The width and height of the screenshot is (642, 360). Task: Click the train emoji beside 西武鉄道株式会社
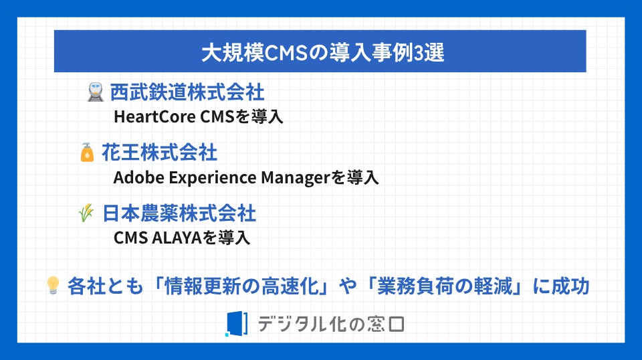pyautogui.click(x=96, y=92)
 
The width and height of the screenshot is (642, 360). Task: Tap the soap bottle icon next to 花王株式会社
pyautogui.click(x=87, y=153)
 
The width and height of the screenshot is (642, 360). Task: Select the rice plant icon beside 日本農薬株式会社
pyautogui.click(x=86, y=213)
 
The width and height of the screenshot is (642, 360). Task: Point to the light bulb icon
pyautogui.click(x=53, y=286)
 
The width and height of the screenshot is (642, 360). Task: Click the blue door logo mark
pyautogui.click(x=237, y=324)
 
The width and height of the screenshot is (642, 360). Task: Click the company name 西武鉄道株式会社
pyautogui.click(x=187, y=92)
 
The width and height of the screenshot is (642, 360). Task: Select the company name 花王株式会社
pyautogui.click(x=159, y=153)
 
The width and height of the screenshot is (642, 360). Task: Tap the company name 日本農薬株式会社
pyautogui.click(x=179, y=213)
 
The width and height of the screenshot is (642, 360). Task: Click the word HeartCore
pyautogui.click(x=154, y=116)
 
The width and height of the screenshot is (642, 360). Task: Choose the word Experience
pyautogui.click(x=213, y=178)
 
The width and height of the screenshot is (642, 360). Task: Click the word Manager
pyautogui.click(x=296, y=178)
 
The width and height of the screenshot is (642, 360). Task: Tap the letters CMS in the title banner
pyautogui.click(x=286, y=53)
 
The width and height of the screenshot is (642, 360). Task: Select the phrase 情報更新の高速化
pyautogui.click(x=241, y=286)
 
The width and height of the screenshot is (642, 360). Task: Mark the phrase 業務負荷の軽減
pyautogui.click(x=444, y=286)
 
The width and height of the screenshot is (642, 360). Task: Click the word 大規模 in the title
pyautogui.click(x=233, y=53)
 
